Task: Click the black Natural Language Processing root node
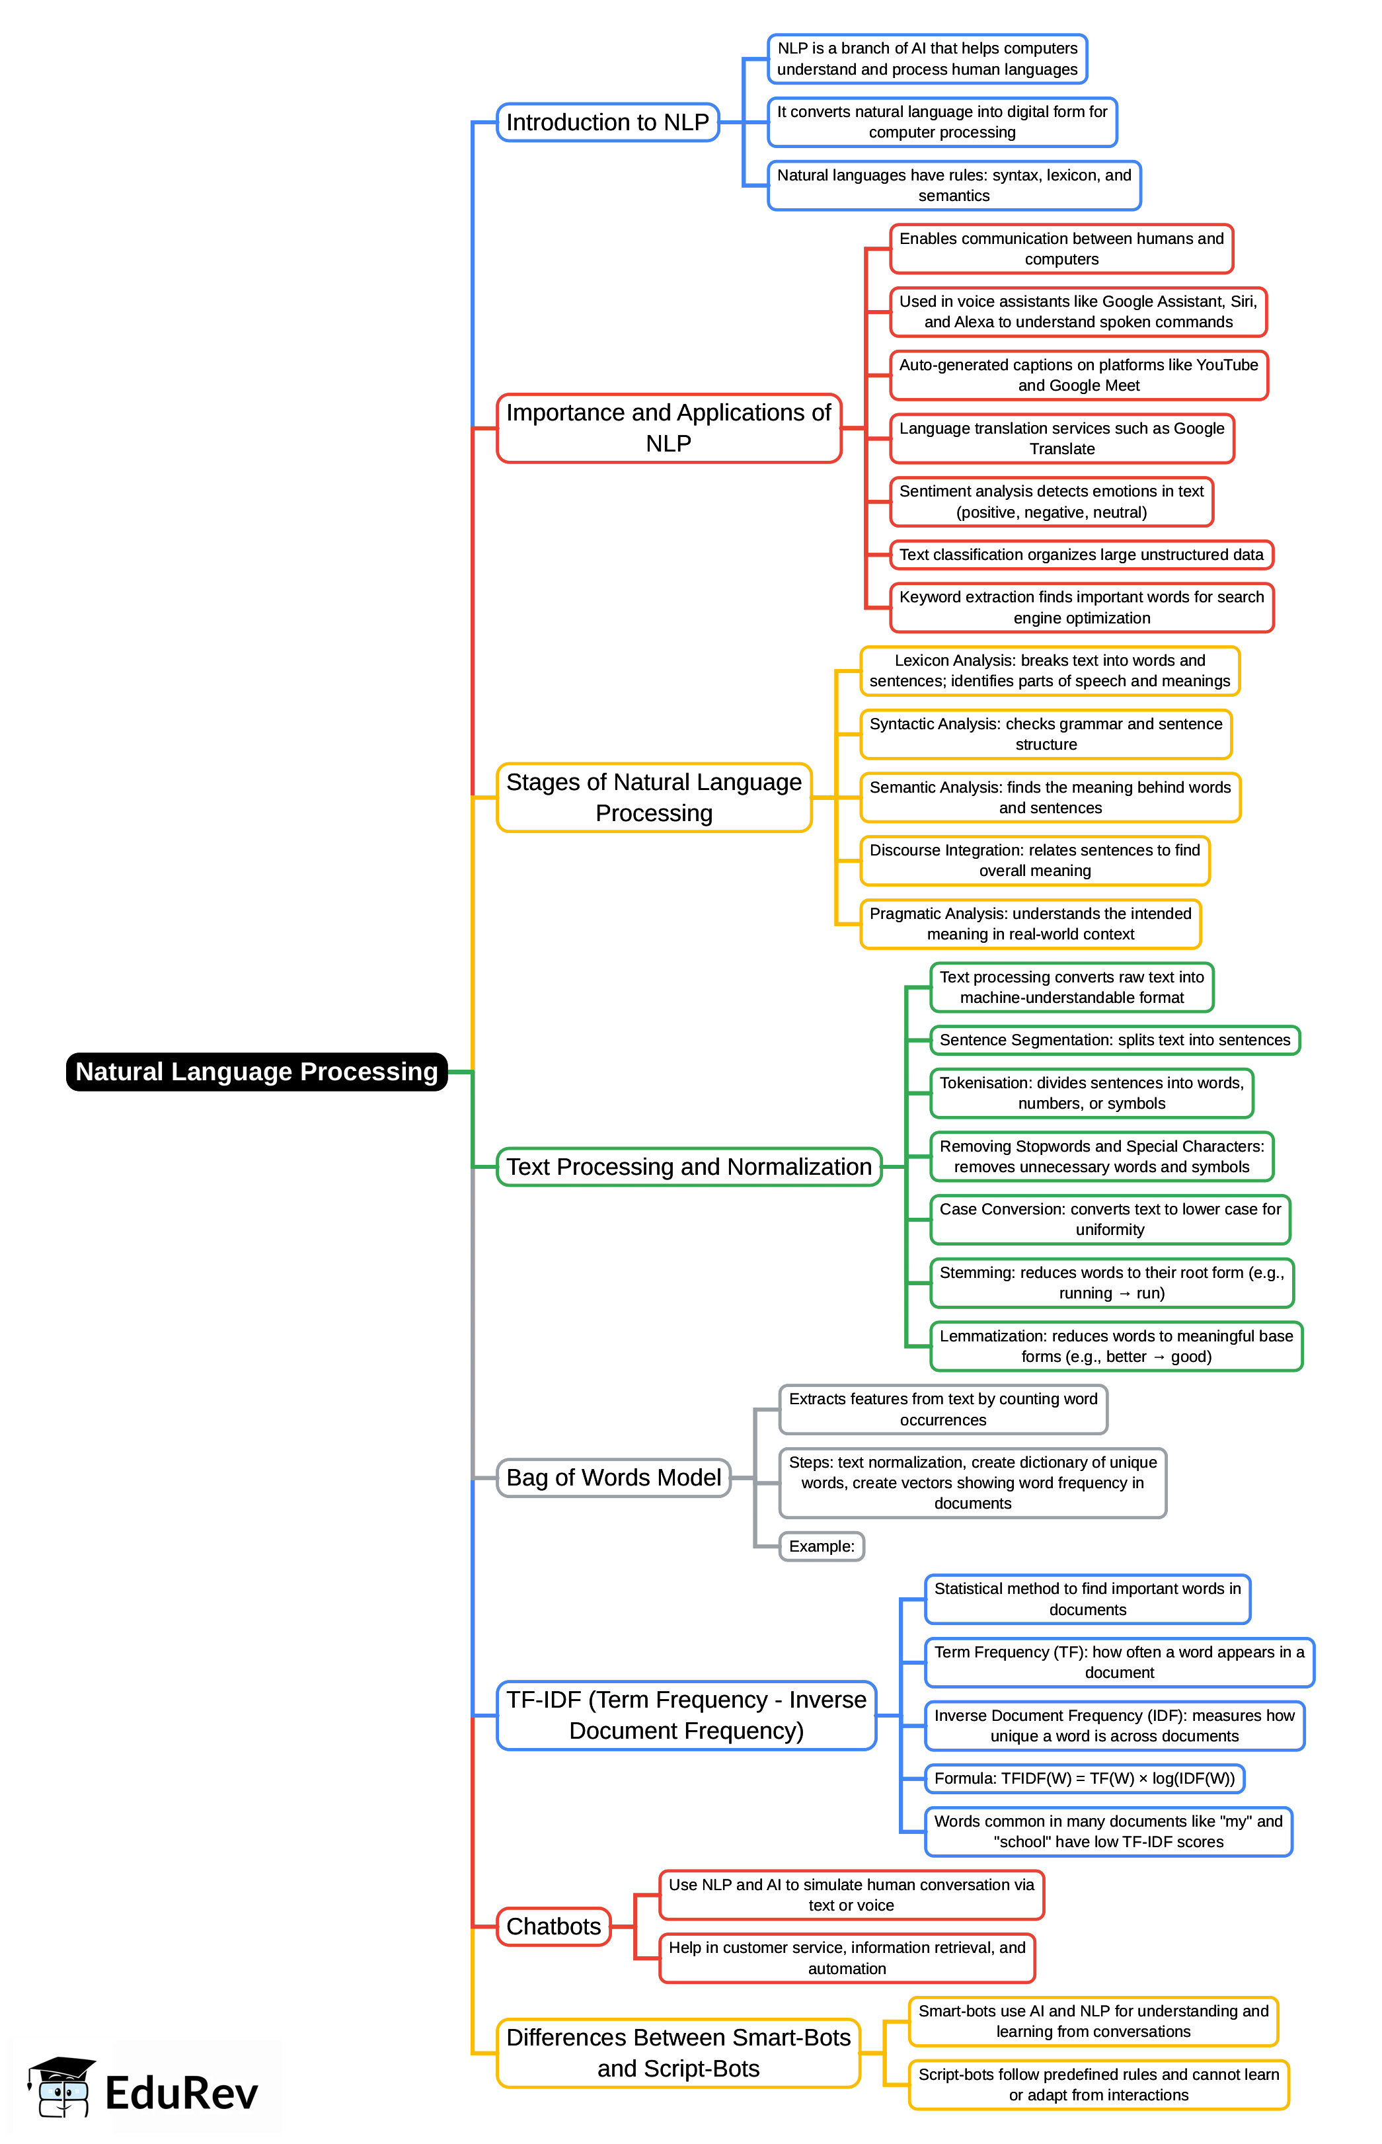point(256,1072)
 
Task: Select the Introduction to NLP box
point(607,122)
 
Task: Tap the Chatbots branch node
point(554,1926)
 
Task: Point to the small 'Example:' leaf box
point(821,1546)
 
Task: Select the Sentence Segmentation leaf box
point(1114,1040)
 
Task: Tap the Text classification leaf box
point(1081,555)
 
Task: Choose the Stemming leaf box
point(1111,1283)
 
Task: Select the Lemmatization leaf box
point(1116,1346)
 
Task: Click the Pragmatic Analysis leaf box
point(1030,924)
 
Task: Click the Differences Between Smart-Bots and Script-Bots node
point(677,2053)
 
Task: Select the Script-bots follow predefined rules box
point(1098,2084)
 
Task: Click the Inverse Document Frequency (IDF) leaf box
point(1114,1725)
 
